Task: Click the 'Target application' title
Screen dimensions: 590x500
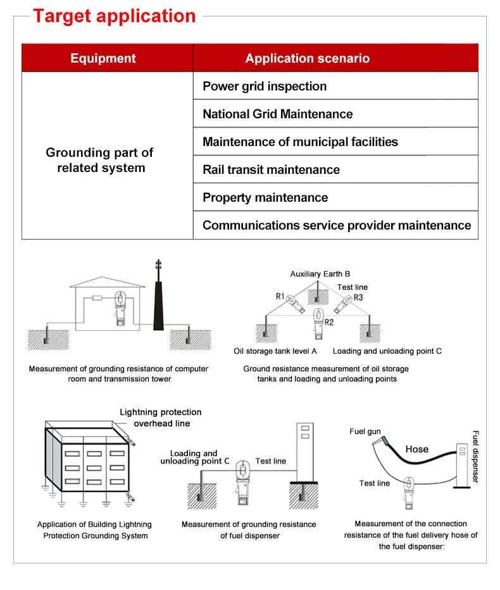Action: tap(114, 16)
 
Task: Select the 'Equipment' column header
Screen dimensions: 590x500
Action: tap(103, 59)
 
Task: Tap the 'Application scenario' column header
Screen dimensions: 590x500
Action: tap(307, 59)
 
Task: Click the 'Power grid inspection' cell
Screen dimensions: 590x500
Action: tap(265, 86)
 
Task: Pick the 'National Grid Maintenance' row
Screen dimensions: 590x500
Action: tap(278, 114)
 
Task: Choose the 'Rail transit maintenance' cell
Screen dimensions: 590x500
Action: tap(271, 169)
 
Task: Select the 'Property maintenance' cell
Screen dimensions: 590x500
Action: tap(265, 197)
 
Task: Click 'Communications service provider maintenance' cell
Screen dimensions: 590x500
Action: tap(337, 225)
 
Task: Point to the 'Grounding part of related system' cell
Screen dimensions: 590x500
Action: tap(100, 160)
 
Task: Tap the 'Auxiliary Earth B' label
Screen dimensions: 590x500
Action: tap(320, 274)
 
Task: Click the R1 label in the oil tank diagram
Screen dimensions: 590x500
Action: tap(280, 296)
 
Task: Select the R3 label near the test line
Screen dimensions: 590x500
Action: tap(358, 297)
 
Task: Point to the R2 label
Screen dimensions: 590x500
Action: tap(328, 322)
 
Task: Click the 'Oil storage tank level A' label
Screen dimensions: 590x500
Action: tap(275, 351)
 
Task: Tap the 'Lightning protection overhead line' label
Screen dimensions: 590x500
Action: tap(161, 417)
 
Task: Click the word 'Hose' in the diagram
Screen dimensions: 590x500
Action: tap(416, 449)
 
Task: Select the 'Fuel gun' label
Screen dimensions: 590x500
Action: tap(365, 431)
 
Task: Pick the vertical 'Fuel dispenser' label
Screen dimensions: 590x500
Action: tap(476, 457)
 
